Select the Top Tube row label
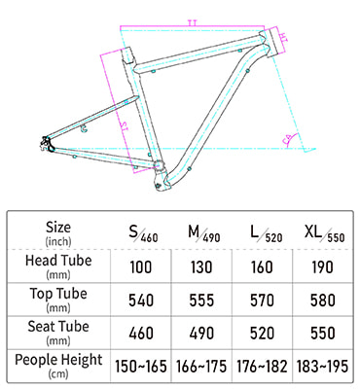pyautogui.click(x=59, y=299)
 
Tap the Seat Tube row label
pyautogui.click(x=59, y=333)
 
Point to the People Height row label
pyautogui.click(x=59, y=366)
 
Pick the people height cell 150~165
pyautogui.click(x=142, y=366)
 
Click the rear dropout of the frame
pyautogui.click(x=46, y=143)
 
